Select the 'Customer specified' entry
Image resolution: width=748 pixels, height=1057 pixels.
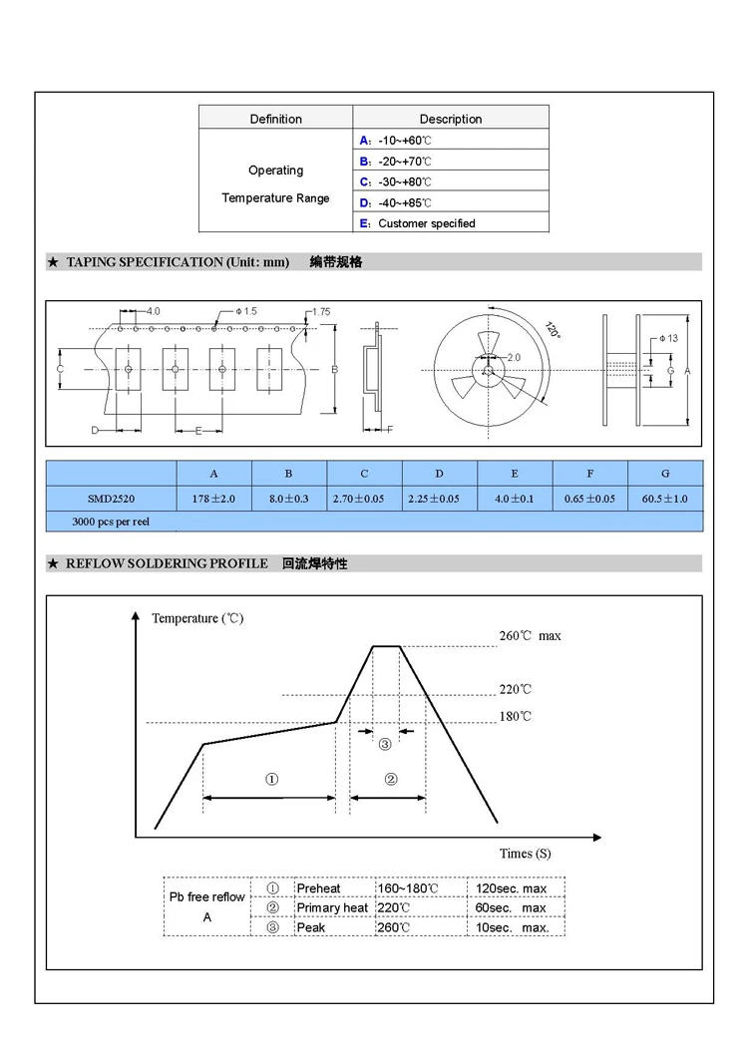[426, 223]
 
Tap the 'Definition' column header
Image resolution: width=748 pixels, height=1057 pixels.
[275, 119]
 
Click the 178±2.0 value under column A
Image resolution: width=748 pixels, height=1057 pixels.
[214, 499]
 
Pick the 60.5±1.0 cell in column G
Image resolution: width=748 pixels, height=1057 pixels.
[665, 499]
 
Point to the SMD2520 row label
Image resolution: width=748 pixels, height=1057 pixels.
[111, 499]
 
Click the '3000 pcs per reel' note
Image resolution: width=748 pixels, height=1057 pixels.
[111, 522]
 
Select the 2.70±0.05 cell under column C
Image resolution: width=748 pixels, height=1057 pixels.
[364, 499]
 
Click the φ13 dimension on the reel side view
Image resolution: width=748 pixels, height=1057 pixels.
[668, 338]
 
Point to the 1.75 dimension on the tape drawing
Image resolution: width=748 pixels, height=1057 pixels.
[320, 312]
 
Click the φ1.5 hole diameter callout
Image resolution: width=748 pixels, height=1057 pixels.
[246, 311]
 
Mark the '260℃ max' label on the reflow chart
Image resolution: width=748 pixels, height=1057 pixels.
[530, 636]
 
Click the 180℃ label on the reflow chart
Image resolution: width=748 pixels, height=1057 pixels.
[515, 717]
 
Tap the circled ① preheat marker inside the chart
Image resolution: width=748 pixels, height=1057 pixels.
[270, 779]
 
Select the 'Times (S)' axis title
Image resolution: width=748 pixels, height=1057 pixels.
[525, 854]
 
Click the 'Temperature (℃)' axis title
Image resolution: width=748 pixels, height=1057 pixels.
[197, 618]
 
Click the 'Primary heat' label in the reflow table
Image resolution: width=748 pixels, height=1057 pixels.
[332, 907]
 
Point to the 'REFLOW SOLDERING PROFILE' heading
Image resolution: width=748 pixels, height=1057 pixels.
[167, 564]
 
